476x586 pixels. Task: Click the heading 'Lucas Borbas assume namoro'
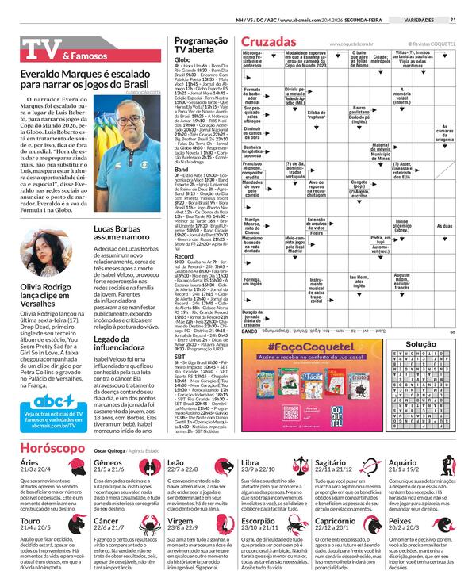click(120, 232)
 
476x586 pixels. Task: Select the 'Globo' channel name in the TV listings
click(182, 60)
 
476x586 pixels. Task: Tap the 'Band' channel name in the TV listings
click(181, 168)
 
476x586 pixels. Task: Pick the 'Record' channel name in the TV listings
click(184, 256)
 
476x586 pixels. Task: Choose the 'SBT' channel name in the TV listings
click(180, 358)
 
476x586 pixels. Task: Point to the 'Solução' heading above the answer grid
click(420, 344)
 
